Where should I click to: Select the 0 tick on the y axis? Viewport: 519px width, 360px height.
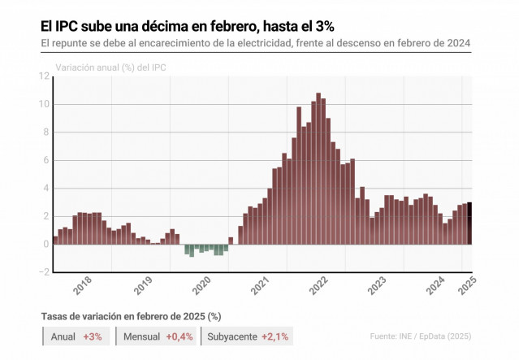(x=47, y=244)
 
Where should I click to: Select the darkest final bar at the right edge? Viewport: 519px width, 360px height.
(x=469, y=223)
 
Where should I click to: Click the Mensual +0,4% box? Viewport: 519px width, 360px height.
(x=158, y=336)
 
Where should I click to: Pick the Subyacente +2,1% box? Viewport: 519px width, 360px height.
(x=249, y=336)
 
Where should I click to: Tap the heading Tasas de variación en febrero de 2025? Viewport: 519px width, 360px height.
(x=132, y=315)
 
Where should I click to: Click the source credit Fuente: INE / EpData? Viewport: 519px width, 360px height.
(x=420, y=336)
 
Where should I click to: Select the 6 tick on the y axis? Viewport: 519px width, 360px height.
(x=47, y=160)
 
